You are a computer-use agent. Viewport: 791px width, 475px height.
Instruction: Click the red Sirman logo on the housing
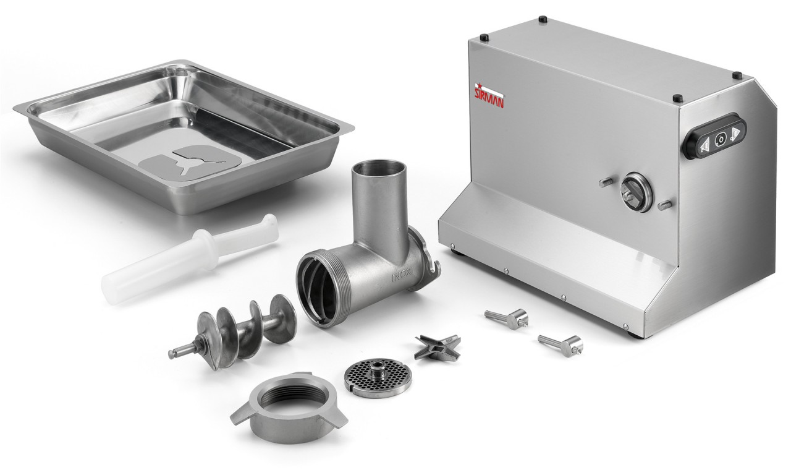click(488, 95)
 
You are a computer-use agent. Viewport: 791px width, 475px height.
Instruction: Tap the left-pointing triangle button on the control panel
click(703, 143)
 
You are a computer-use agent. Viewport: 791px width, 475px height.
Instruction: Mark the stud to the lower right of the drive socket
click(664, 204)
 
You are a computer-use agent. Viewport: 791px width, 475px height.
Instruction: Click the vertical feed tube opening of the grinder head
click(379, 168)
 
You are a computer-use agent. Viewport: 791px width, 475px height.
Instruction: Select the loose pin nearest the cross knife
click(507, 318)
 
